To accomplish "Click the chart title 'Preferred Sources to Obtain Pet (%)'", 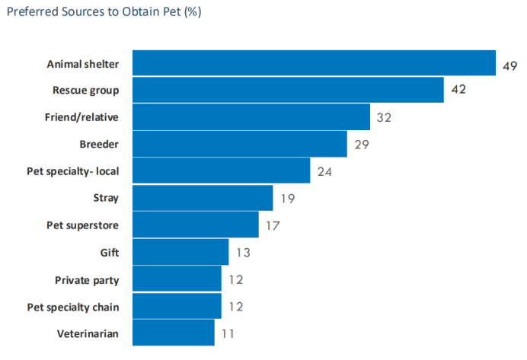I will tap(104, 14).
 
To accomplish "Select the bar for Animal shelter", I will tap(314, 63).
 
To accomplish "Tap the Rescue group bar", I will tap(288, 90).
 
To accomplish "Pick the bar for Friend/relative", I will tap(251, 117).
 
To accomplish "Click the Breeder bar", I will tap(240, 144).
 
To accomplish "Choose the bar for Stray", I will tap(203, 198).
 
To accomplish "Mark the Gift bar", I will tap(180, 252).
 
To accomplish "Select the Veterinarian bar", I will tap(174, 333).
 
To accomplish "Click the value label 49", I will tap(509, 65).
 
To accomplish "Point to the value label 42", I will tap(458, 91).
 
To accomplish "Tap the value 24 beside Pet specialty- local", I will tap(324, 171).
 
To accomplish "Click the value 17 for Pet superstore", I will tap(272, 225).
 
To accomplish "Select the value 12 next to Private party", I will tap(235, 279).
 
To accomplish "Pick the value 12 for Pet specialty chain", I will tap(235, 306).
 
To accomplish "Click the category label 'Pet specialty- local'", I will tap(72, 171).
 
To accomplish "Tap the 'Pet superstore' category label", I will tap(83, 225).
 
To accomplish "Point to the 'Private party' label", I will tap(87, 279).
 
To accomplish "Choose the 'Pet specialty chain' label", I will tap(73, 306).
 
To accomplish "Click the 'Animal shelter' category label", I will tap(83, 64).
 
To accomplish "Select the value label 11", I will tap(228, 333).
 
